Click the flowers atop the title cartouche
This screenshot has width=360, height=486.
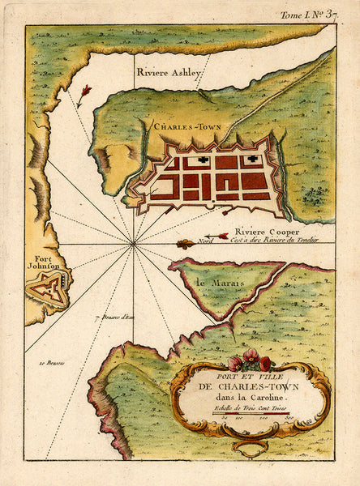point(250,361)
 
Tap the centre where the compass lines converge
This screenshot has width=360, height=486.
point(133,242)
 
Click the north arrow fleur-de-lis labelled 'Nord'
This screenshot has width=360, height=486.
point(186,243)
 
